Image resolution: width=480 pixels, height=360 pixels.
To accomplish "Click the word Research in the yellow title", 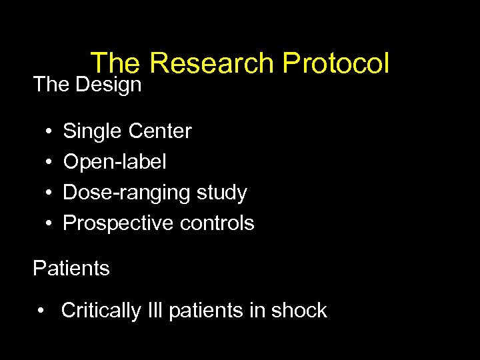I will point(212,64).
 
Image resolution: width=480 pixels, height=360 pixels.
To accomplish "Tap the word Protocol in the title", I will point(335,64).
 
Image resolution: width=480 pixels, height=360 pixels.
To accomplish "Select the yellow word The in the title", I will point(115,64).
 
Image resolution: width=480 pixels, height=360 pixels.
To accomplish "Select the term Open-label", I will point(115,162).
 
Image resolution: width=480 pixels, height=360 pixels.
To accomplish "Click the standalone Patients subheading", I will point(71,269).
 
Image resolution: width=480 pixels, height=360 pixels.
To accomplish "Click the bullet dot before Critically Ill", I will point(42,311).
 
